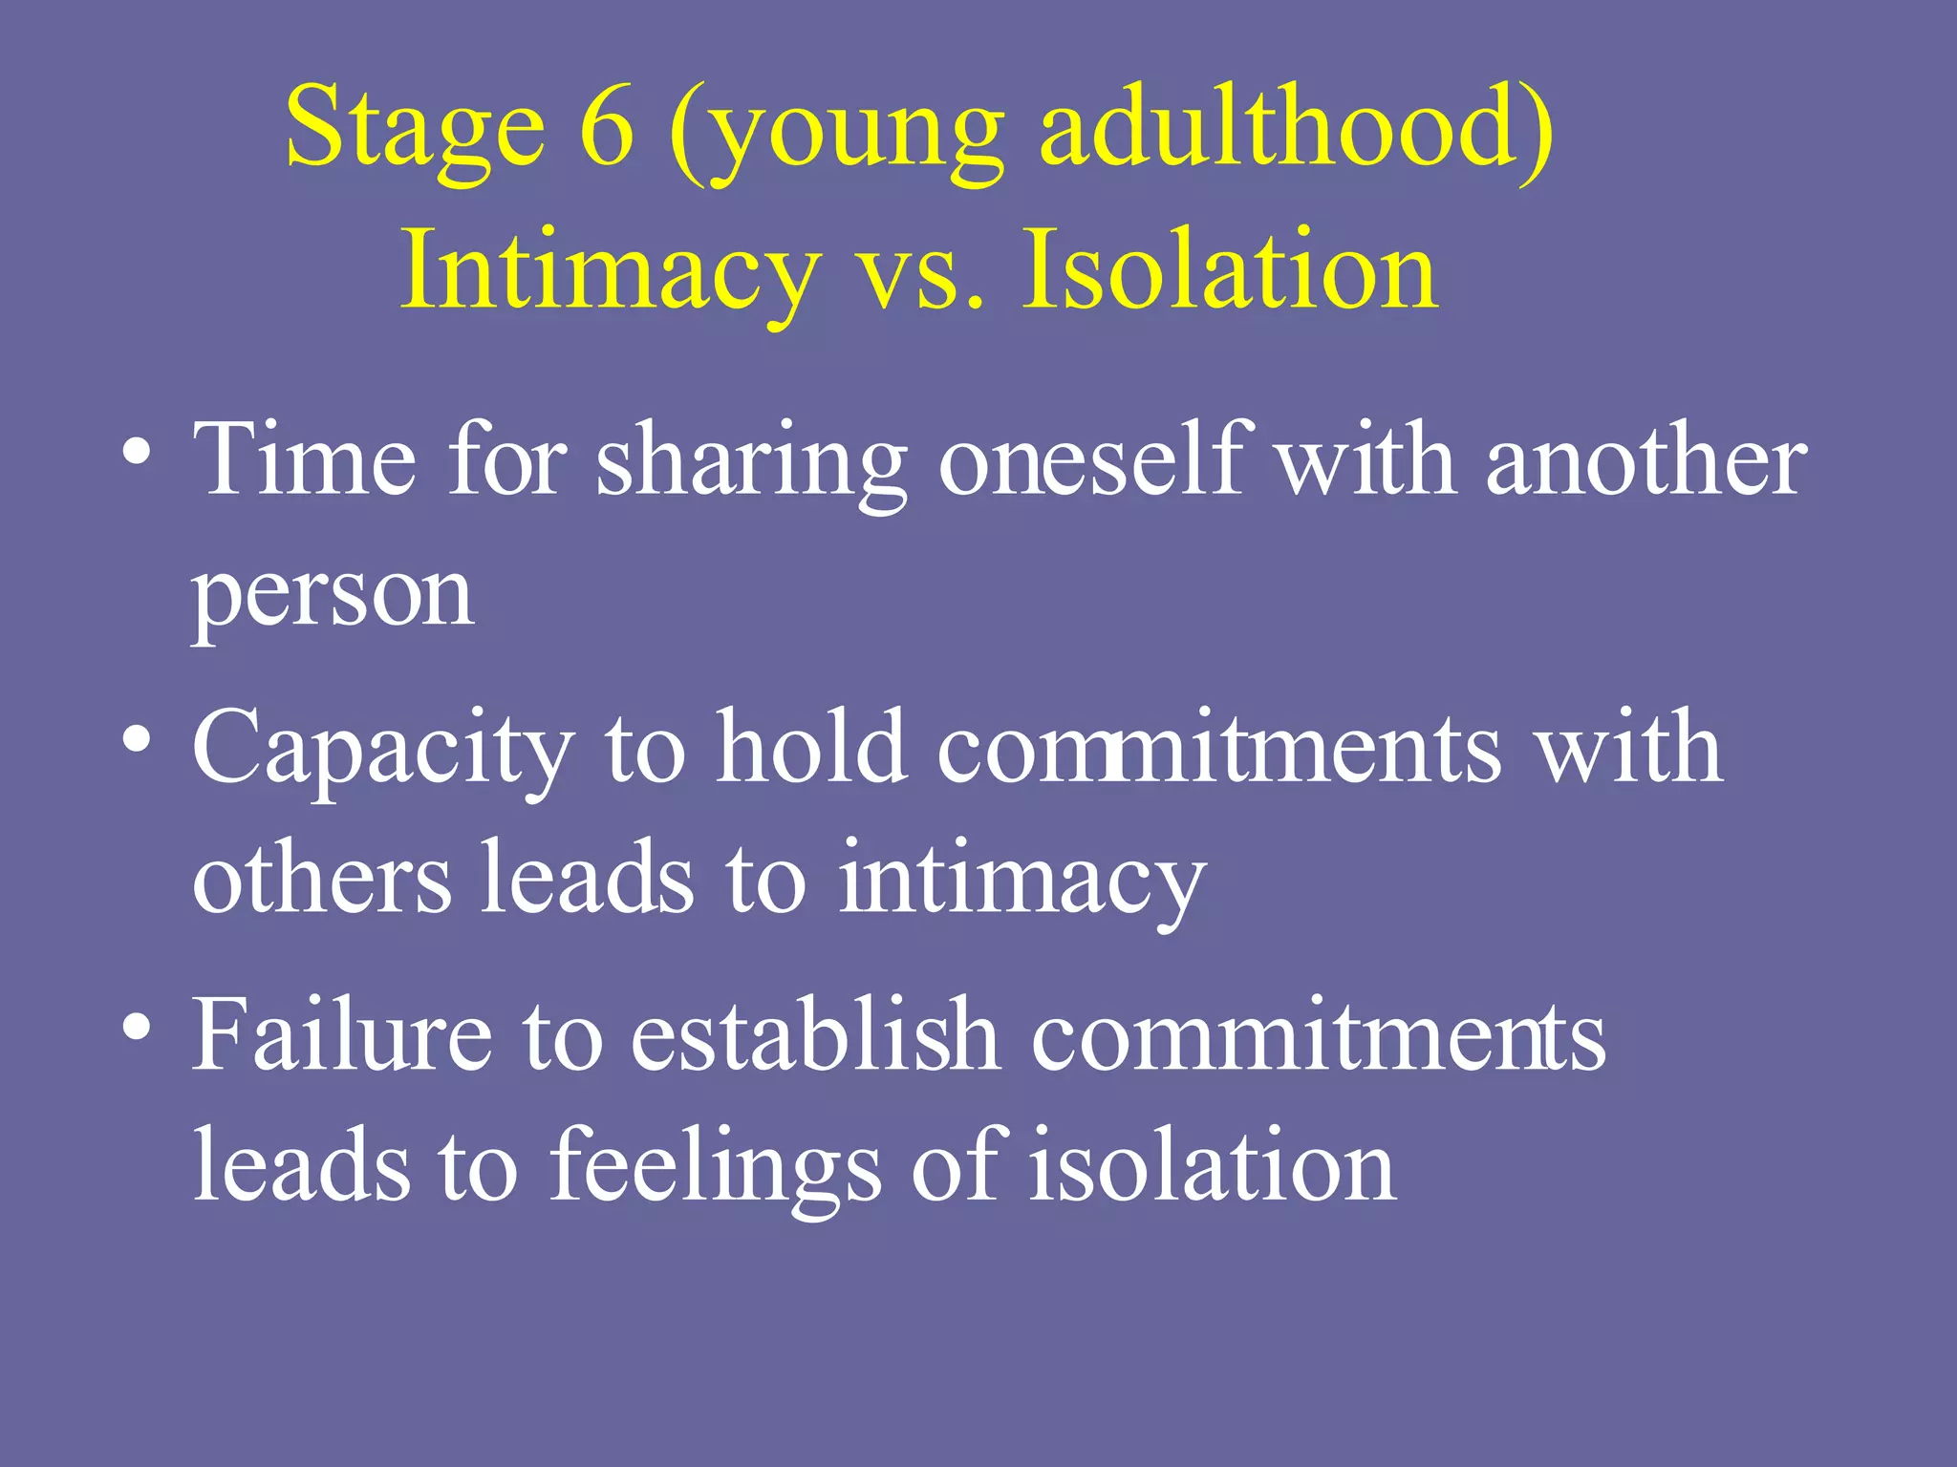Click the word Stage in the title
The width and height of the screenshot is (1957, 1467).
(x=415, y=129)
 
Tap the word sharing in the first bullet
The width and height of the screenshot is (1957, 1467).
(x=751, y=463)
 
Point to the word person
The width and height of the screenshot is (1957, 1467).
(x=333, y=595)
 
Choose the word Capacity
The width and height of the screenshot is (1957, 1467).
(x=383, y=750)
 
